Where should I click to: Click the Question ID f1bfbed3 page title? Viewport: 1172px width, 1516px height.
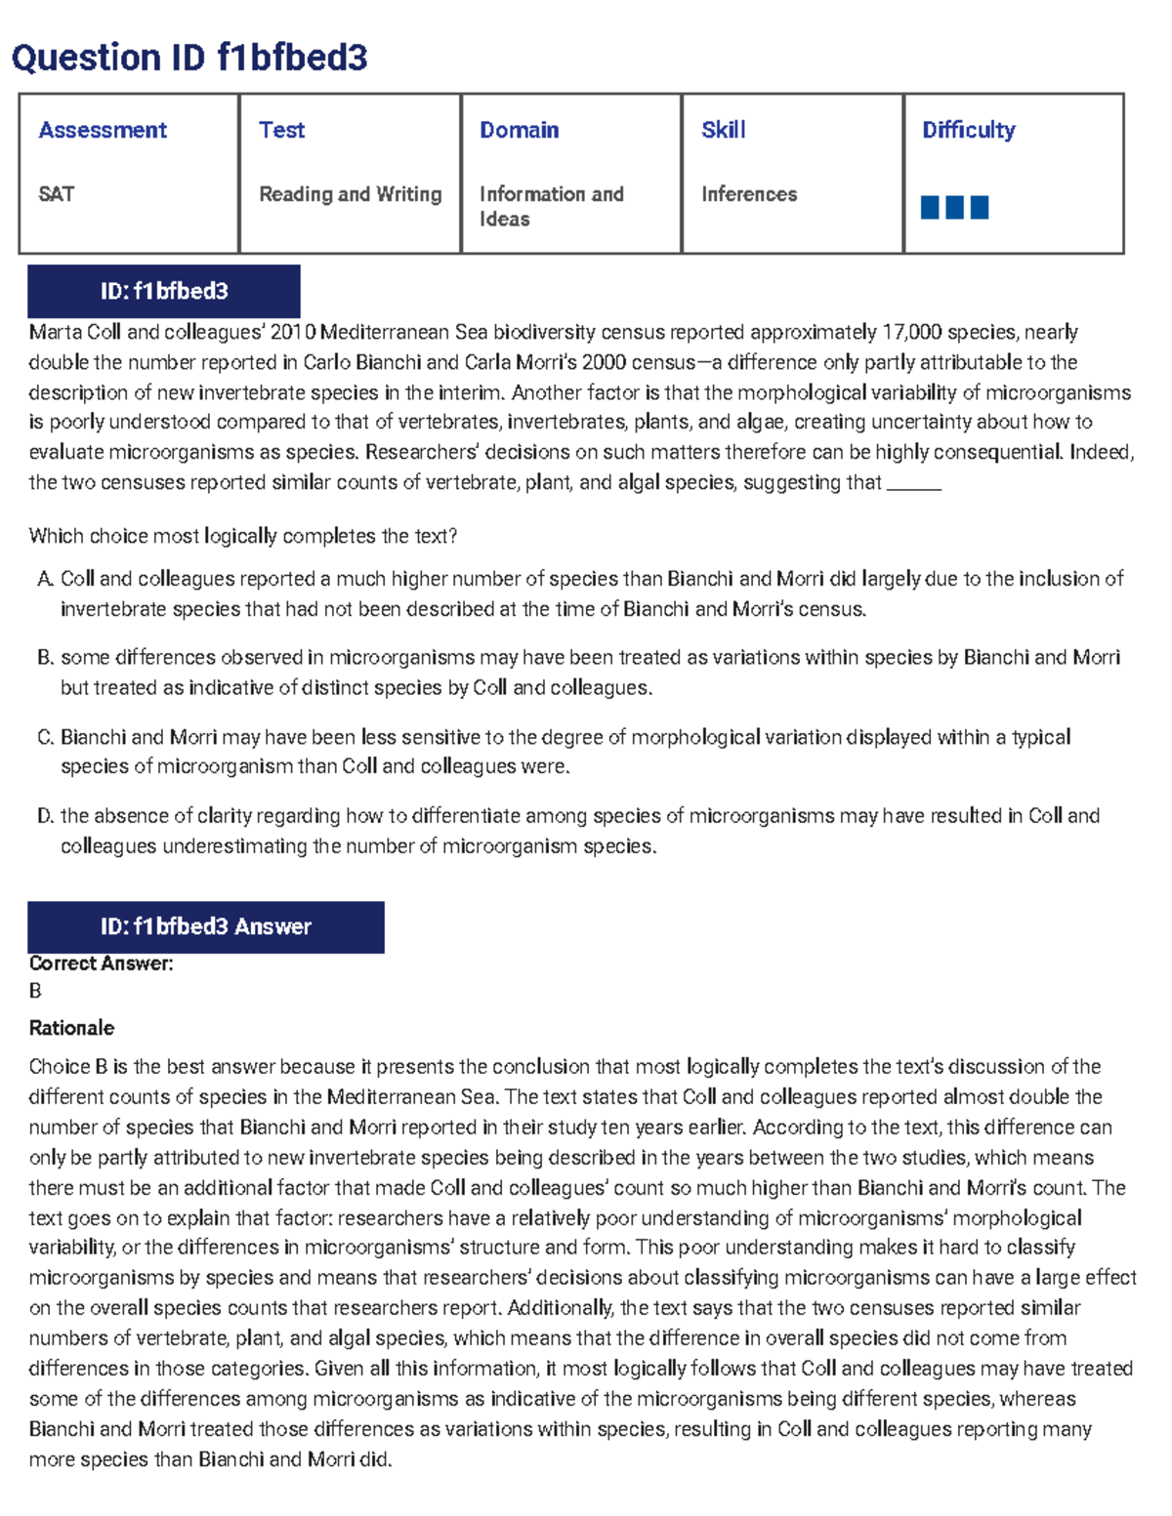189,59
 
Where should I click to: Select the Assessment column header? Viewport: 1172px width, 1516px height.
103,130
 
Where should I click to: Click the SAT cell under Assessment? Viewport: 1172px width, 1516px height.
57,194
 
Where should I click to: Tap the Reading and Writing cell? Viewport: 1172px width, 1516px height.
350,194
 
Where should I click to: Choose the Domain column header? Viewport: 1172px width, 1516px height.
519,130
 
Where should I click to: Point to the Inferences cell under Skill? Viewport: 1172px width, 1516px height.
748,194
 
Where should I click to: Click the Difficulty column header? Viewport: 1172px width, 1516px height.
968,130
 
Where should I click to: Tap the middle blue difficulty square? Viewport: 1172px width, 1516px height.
954,207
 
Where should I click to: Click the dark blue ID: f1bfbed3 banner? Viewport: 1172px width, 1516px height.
164,291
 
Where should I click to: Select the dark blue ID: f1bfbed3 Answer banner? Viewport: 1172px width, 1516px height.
206,926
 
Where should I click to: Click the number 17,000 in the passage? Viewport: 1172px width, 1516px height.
911,333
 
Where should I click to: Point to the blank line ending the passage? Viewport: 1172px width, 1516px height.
913,485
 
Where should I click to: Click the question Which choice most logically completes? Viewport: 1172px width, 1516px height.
243,536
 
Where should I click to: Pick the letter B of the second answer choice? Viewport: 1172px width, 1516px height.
45,658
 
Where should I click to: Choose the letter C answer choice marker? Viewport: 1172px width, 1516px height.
45,737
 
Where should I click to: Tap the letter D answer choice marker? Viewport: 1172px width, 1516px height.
45,816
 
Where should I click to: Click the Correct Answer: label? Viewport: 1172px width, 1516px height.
101,963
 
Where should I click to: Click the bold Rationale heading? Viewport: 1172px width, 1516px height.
71,1028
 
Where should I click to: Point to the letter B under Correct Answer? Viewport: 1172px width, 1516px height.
35,991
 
